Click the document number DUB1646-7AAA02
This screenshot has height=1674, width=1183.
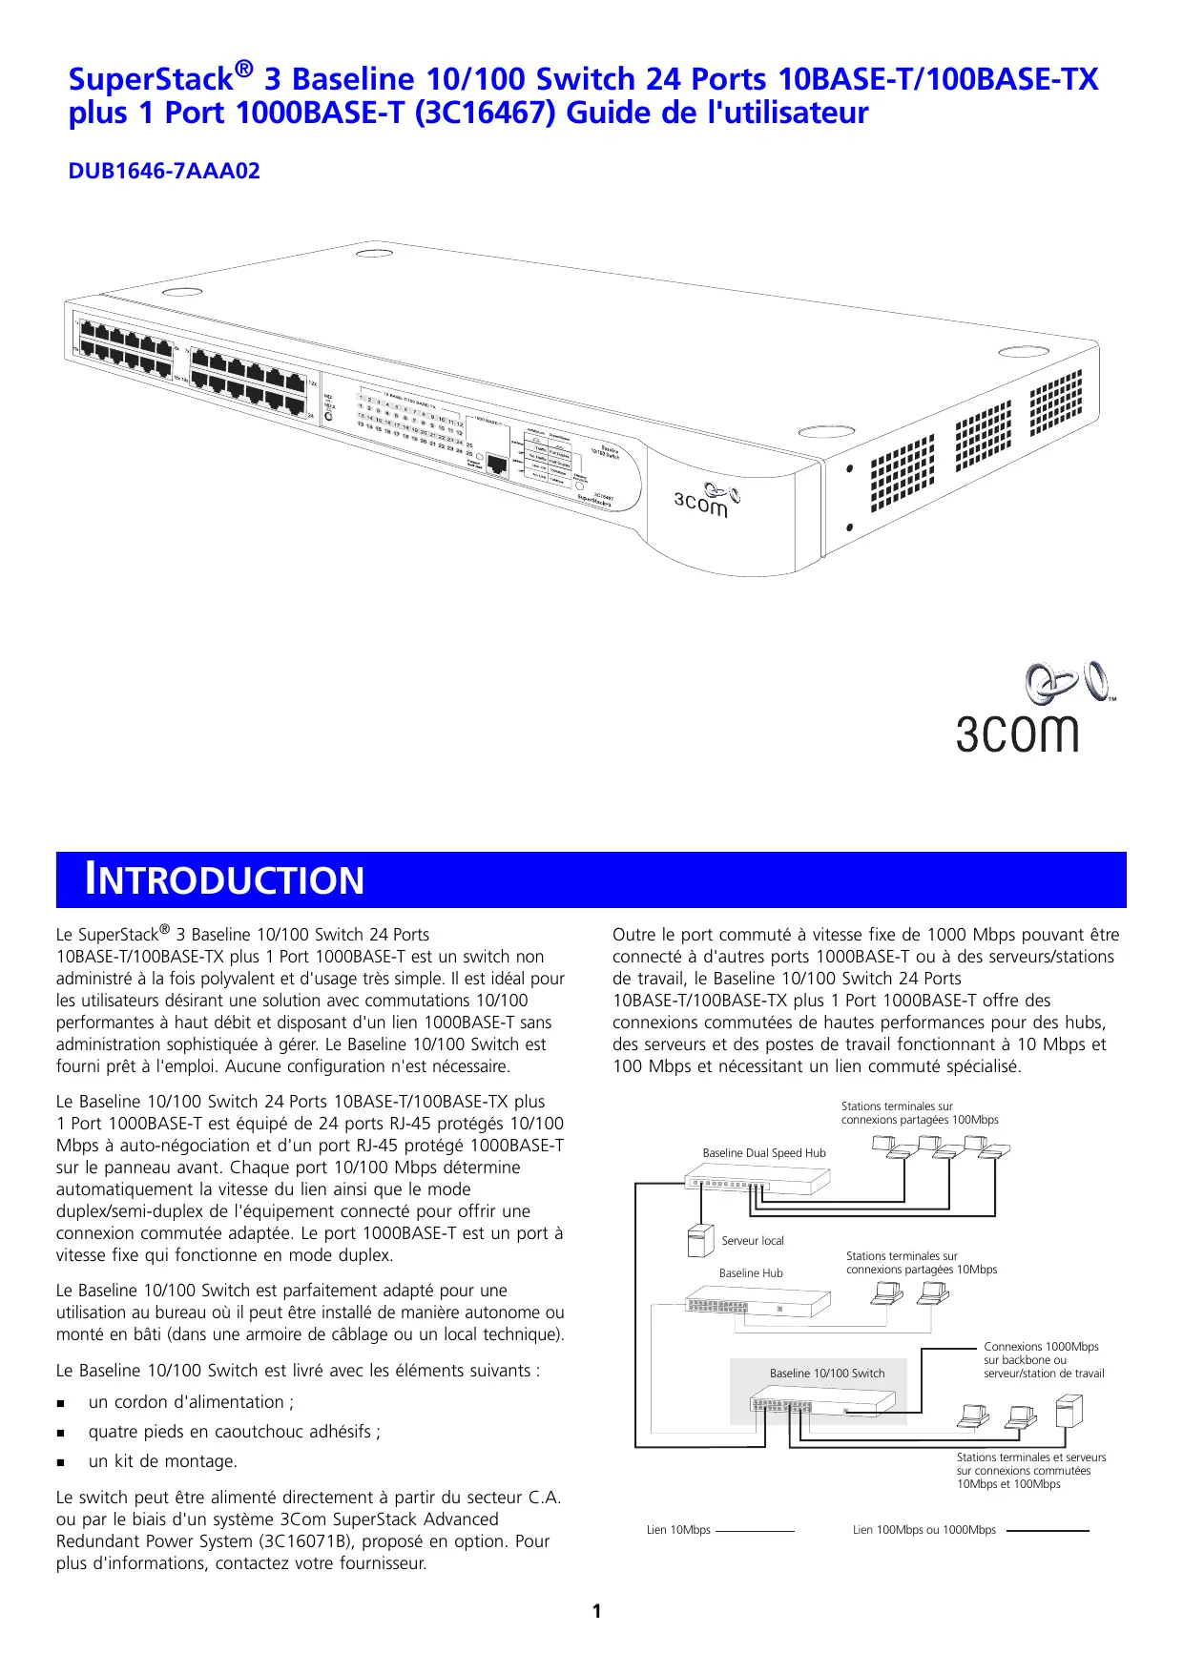[164, 171]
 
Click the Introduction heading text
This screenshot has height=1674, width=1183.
[225, 879]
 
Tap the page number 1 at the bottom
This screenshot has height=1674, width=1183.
[596, 1611]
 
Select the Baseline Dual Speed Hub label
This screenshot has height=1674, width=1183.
[764, 1153]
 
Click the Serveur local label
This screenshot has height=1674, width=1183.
[753, 1241]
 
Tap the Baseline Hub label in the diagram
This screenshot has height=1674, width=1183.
[751, 1273]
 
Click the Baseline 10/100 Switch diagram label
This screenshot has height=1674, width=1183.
[827, 1374]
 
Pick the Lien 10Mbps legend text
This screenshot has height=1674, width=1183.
[678, 1530]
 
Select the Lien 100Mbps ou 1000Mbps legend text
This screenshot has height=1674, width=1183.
[924, 1530]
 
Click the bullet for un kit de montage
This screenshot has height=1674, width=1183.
[61, 1462]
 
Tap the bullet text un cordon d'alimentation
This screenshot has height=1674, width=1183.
[191, 1402]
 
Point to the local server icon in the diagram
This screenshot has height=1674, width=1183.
[700, 1240]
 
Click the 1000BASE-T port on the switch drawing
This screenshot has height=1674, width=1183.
[497, 465]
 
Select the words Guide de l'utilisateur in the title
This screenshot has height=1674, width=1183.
[717, 113]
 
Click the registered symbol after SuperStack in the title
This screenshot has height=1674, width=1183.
[244, 68]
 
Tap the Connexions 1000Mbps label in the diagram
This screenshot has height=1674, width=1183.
[1041, 1347]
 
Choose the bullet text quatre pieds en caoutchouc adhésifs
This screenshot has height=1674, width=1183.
[234, 1432]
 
